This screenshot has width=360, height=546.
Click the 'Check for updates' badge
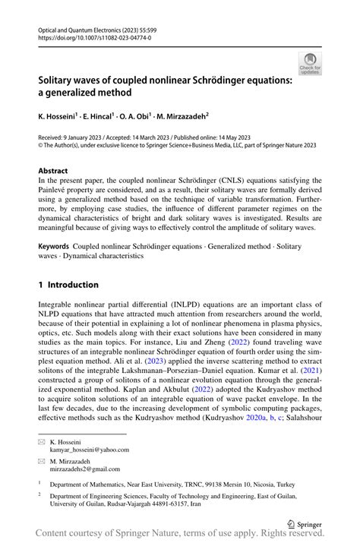pyautogui.click(x=310, y=63)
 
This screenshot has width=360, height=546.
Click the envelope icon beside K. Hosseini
pyautogui.click(x=43, y=441)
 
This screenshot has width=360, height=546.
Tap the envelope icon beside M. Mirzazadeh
pyautogui.click(x=43, y=460)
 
